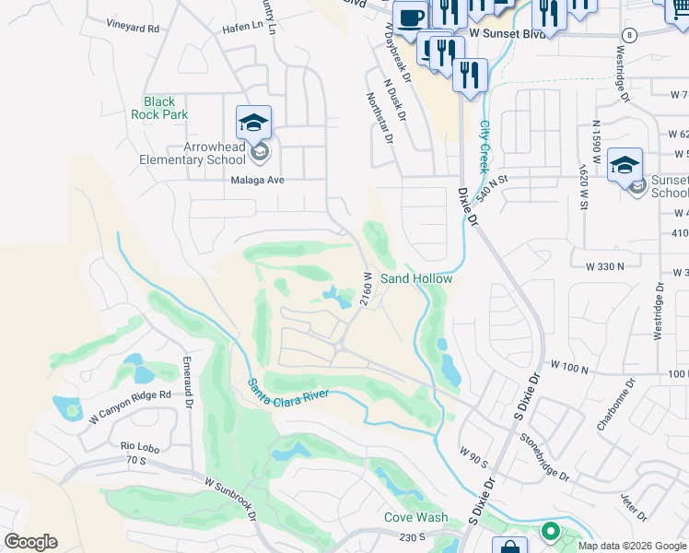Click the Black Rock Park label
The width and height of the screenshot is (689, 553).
tap(166, 108)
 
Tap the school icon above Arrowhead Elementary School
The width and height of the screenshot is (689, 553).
tap(254, 122)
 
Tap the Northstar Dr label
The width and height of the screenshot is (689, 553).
tap(380, 118)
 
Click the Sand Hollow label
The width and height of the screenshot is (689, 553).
tap(416, 278)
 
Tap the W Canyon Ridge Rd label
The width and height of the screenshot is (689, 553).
tap(131, 406)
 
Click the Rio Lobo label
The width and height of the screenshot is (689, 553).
tap(141, 446)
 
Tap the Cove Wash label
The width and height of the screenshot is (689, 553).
tap(416, 518)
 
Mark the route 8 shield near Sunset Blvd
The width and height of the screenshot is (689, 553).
tap(628, 34)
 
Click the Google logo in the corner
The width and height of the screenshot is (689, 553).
tap(30, 542)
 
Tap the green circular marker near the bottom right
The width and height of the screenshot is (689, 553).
tap(551, 531)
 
